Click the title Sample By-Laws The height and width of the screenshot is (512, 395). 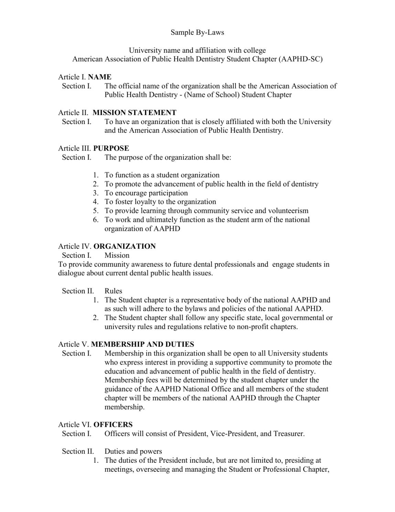click(197, 32)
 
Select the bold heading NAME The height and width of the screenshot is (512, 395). click(100, 77)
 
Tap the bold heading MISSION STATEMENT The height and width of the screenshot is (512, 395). click(135, 112)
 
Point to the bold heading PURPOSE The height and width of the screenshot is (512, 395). click(111, 148)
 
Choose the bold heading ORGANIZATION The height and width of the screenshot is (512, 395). click(125, 246)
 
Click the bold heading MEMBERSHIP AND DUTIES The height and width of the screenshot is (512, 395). click(142, 344)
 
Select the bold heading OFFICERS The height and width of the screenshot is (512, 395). click(113, 424)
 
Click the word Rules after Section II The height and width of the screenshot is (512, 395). click(113, 291)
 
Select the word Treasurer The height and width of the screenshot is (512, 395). click(289, 433)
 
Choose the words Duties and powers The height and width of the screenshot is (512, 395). click(133, 451)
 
